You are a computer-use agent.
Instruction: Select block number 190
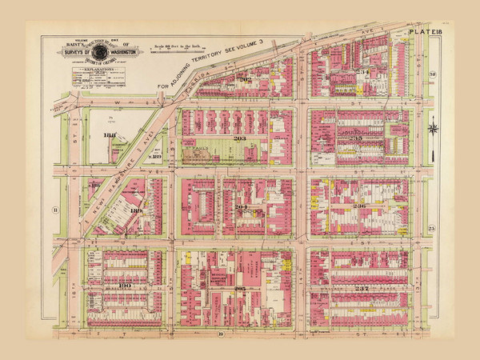(125, 284)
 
